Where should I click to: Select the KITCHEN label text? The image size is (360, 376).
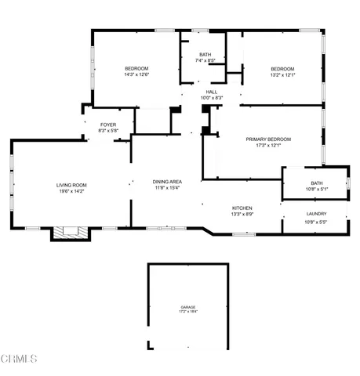point(241,208)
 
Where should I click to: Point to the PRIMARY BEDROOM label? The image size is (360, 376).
point(263,139)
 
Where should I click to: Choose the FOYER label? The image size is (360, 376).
point(108,125)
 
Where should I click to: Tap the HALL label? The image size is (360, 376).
point(212,92)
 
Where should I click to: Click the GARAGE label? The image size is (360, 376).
point(188,307)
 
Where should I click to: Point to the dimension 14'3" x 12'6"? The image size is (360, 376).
point(136,75)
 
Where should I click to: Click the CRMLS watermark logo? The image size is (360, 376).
point(19,360)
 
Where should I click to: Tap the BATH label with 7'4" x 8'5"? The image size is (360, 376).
point(205,54)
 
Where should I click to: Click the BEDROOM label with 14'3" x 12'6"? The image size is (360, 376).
point(136,69)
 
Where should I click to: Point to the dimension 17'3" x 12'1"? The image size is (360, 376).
point(263,145)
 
